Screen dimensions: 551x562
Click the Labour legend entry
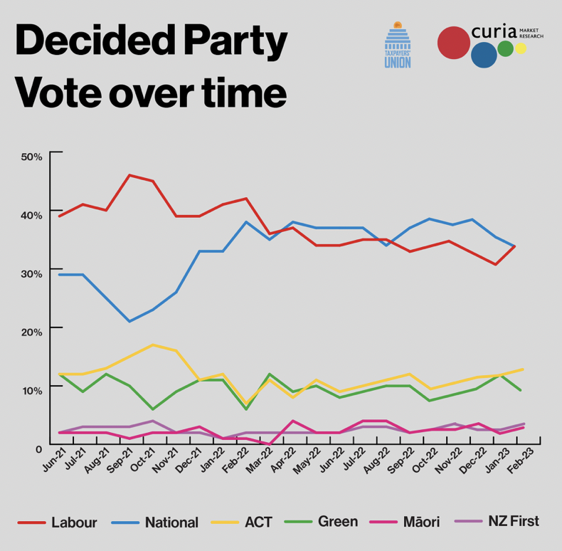(x=63, y=522)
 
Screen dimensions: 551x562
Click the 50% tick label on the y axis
(x=31, y=154)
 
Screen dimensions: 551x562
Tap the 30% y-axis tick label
(x=31, y=273)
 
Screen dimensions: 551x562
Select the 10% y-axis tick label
(x=31, y=389)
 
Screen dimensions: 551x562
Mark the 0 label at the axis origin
(x=38, y=448)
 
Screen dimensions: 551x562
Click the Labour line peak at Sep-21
(x=129, y=175)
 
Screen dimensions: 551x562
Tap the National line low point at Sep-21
(x=129, y=321)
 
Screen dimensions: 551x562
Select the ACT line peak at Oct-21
(x=153, y=345)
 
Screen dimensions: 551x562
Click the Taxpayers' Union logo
(x=397, y=45)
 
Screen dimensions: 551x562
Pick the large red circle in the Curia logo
(x=453, y=43)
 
